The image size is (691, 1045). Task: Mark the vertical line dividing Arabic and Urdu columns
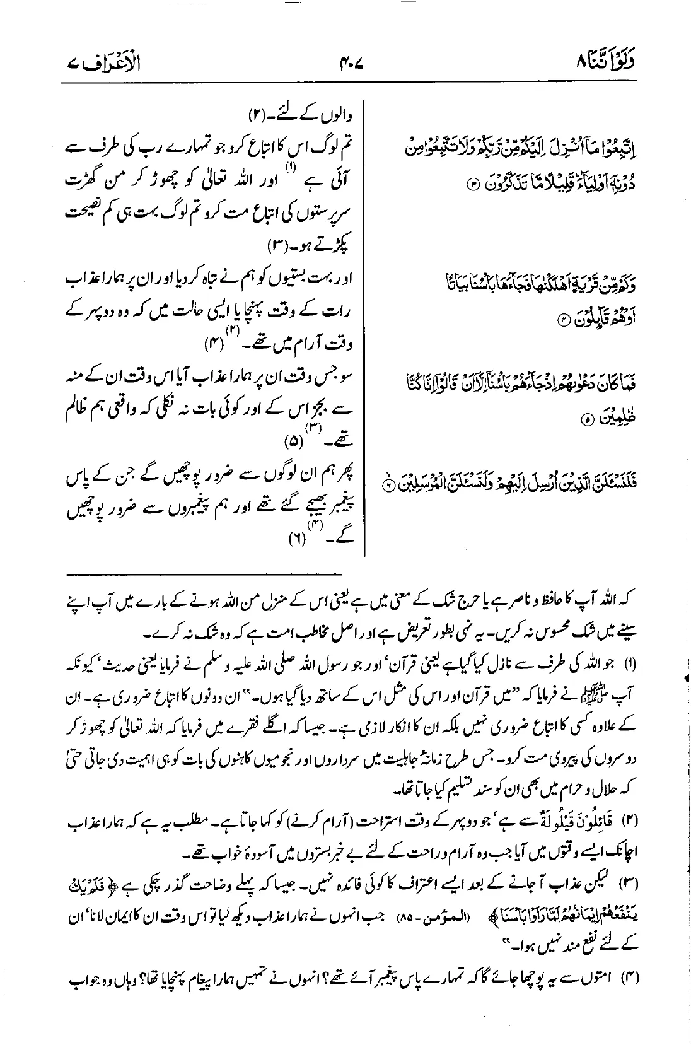click(365, 328)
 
